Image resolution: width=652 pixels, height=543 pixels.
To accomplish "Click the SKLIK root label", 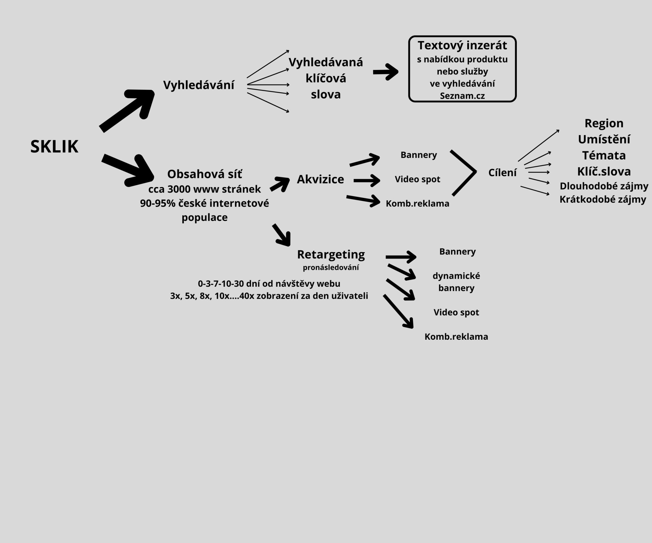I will [54, 147].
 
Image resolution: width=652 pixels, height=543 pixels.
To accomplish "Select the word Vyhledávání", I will [199, 85].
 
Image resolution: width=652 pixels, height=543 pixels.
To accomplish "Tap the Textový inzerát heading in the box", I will [462, 45].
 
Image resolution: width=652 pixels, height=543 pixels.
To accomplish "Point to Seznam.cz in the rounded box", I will [462, 96].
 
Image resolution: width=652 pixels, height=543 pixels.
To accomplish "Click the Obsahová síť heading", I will [204, 174].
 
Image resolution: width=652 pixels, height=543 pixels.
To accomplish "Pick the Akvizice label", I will [320, 179].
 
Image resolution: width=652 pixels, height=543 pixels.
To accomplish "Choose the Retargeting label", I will [331, 254].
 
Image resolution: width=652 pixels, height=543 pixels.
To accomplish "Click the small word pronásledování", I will [331, 267].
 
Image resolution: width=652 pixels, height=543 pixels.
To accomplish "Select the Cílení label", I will [502, 173].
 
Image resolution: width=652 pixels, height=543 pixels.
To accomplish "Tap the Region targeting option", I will [604, 123].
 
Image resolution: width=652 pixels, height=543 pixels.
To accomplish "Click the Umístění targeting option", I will [604, 139].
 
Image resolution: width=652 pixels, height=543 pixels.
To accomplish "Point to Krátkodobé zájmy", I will [602, 199].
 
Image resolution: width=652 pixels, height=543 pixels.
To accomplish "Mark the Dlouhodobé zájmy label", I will [604, 186].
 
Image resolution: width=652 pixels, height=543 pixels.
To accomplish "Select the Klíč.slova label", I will [604, 171].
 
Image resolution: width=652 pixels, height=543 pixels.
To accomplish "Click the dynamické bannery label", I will [456, 282].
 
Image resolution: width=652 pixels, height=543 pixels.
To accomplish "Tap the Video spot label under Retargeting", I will [456, 312].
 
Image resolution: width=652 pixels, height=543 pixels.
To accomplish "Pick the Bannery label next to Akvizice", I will [418, 155].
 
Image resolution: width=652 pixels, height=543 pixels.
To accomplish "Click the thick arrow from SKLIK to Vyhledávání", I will [127, 109].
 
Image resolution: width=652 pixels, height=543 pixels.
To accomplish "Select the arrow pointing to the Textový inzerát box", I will [385, 72].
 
